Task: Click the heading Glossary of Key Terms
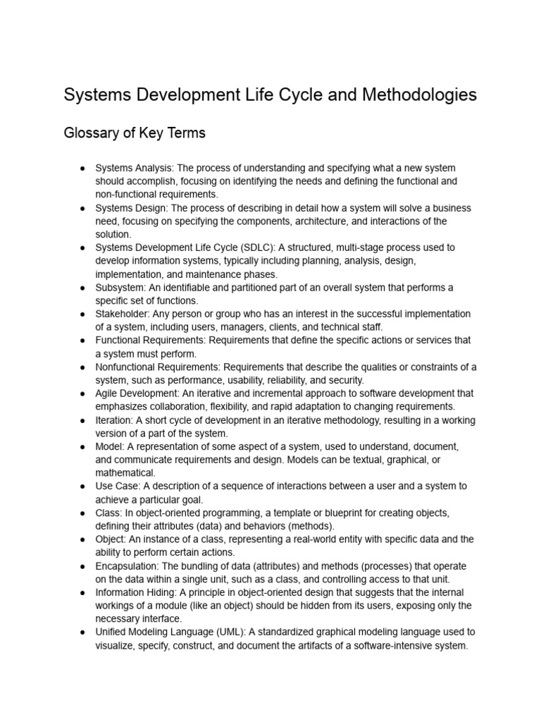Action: coord(135,133)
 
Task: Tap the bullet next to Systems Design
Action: coord(82,208)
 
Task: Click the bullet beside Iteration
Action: coord(82,420)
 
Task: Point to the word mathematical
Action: coord(125,472)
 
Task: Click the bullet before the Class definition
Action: coord(82,513)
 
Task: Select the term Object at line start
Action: coord(111,539)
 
